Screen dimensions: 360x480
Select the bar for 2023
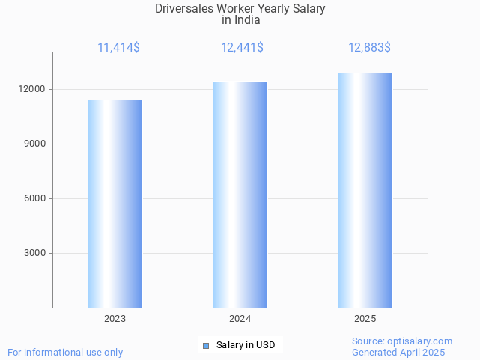click(x=115, y=204)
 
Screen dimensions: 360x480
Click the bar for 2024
click(x=240, y=195)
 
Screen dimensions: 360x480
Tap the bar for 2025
click(x=365, y=190)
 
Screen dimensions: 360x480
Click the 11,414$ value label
click(x=118, y=47)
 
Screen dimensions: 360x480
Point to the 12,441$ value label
click(x=242, y=47)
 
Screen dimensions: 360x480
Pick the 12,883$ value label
click(x=369, y=47)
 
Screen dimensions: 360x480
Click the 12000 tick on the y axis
click(x=34, y=89)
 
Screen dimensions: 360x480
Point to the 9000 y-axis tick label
click(x=37, y=144)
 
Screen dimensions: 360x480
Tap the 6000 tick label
click(x=37, y=198)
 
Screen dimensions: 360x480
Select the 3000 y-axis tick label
click(x=37, y=253)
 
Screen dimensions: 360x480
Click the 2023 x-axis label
click(x=115, y=319)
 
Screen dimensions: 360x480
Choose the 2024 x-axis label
click(x=240, y=319)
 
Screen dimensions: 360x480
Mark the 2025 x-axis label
click(x=365, y=319)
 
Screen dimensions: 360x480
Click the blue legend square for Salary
click(x=206, y=345)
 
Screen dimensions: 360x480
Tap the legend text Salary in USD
click(x=246, y=345)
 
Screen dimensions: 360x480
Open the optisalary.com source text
click(x=402, y=341)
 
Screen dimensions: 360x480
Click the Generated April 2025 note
click(x=398, y=352)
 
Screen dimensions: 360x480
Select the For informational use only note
click(x=65, y=352)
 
